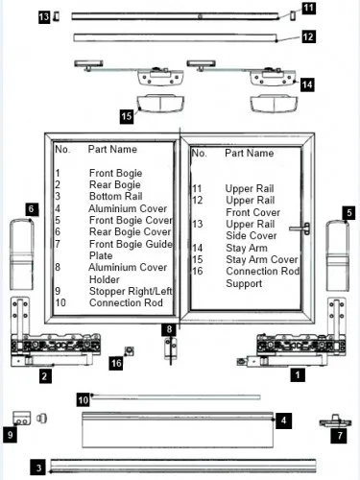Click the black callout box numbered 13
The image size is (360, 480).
pyautogui.click(x=44, y=16)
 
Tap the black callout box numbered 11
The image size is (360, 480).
pyautogui.click(x=308, y=8)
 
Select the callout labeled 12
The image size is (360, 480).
pyautogui.click(x=308, y=36)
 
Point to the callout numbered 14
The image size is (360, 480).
pyautogui.click(x=307, y=84)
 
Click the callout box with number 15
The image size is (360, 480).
pyautogui.click(x=127, y=116)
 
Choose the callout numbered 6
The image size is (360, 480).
pyautogui.click(x=32, y=209)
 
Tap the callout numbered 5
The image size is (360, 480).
pyautogui.click(x=348, y=213)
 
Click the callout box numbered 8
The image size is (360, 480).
pyautogui.click(x=169, y=329)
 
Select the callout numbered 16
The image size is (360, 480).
pyautogui.click(x=116, y=363)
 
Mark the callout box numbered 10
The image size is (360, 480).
pyautogui.click(x=84, y=400)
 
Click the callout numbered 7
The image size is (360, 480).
pyautogui.click(x=340, y=435)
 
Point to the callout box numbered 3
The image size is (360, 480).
pyautogui.click(x=38, y=468)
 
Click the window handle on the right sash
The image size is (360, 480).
pyautogui.click(x=300, y=228)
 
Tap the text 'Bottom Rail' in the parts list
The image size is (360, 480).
pyautogui.click(x=115, y=196)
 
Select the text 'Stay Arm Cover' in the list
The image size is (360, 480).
pyautogui.click(x=262, y=259)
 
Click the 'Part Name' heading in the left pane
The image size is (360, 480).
pyautogui.click(x=112, y=149)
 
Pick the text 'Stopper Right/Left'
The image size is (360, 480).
pyautogui.click(x=131, y=291)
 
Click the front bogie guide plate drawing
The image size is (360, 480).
pyautogui.click(x=335, y=421)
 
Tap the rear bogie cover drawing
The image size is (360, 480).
pyautogui.click(x=22, y=254)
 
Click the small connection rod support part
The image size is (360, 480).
pyautogui.click(x=129, y=351)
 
